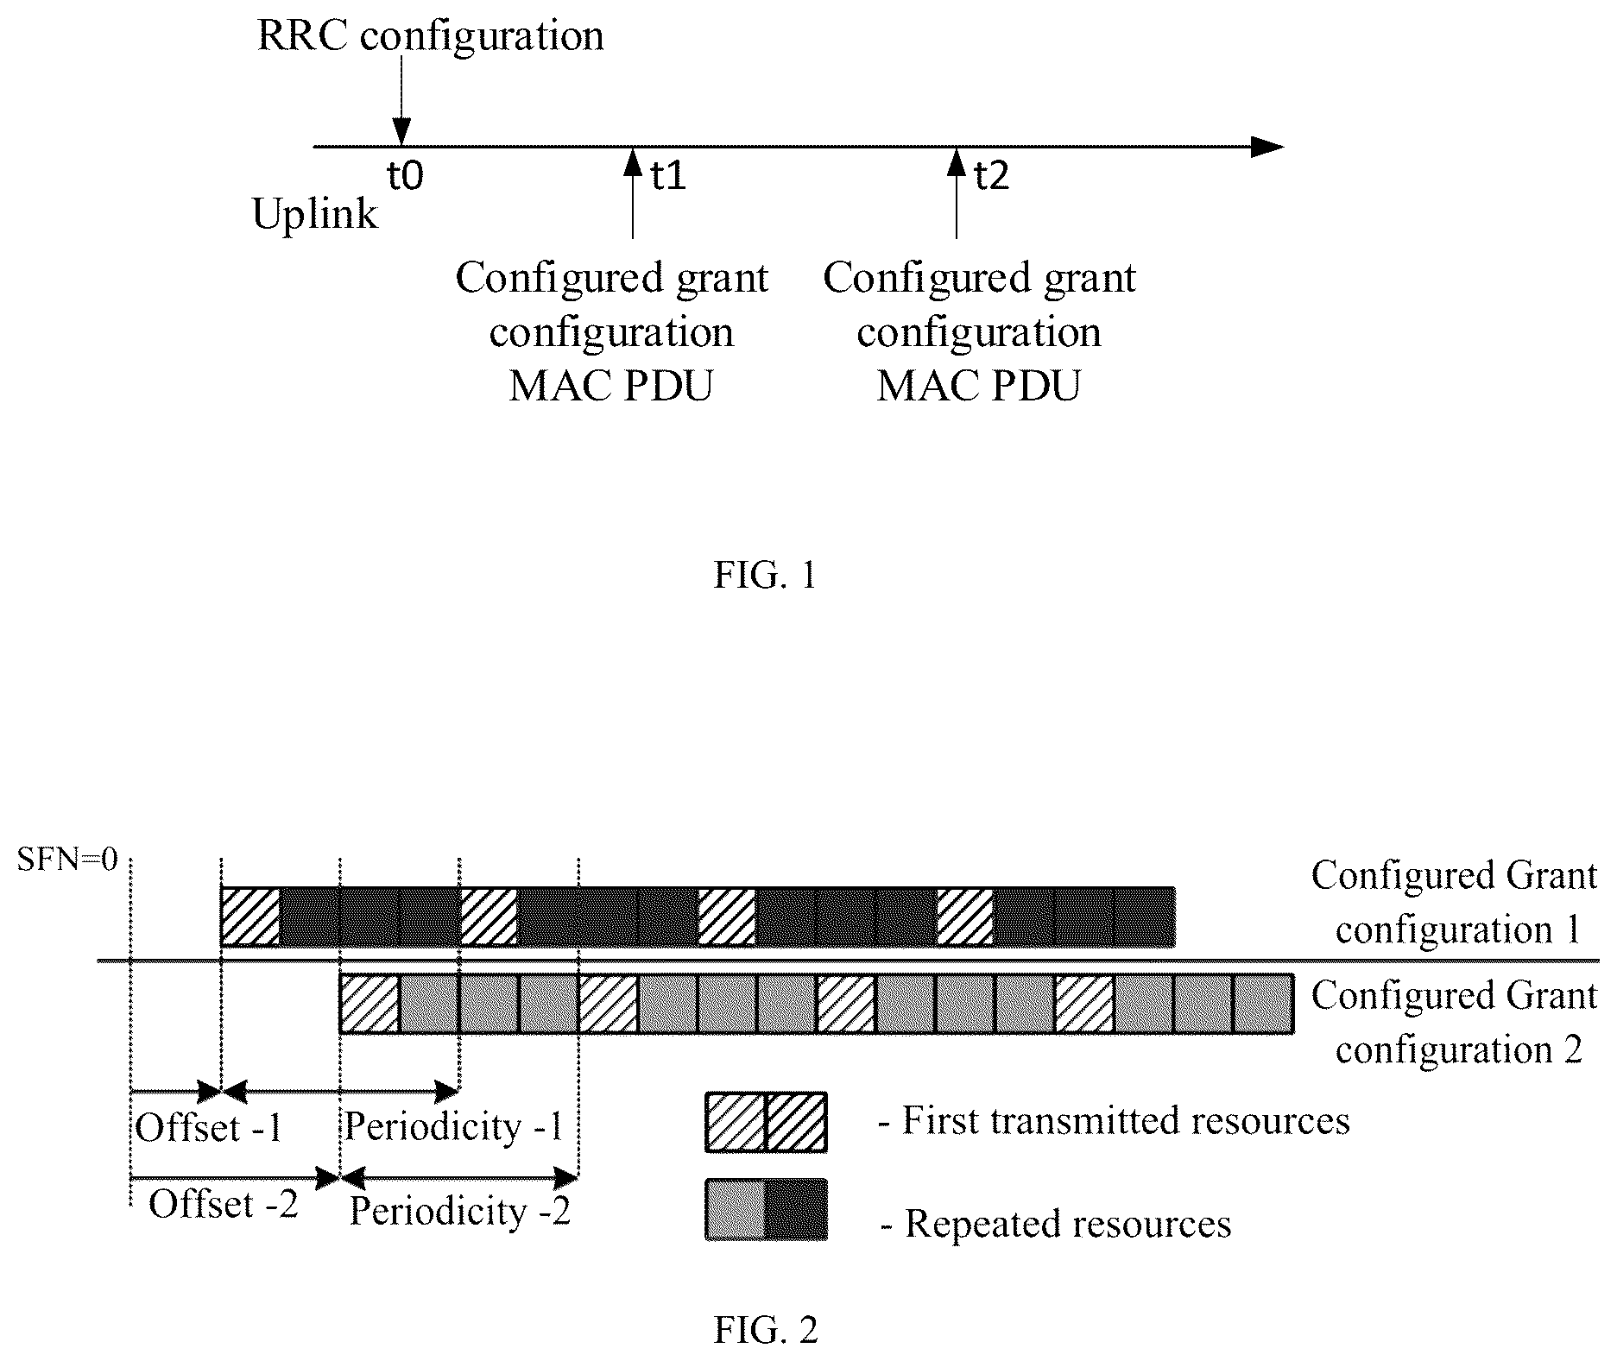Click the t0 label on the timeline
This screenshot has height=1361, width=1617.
(x=405, y=176)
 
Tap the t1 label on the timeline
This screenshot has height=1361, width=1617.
(x=667, y=176)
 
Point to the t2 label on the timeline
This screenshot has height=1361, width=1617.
(x=991, y=176)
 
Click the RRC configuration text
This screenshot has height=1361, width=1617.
(x=431, y=37)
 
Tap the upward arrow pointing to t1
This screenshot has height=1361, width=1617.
(x=633, y=192)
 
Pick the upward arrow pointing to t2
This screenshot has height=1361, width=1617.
(x=956, y=192)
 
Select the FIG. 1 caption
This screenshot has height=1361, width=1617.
(x=765, y=575)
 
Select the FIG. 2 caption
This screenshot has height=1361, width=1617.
(x=766, y=1330)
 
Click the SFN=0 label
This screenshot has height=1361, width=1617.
(x=67, y=860)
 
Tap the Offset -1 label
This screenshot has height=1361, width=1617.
(x=209, y=1127)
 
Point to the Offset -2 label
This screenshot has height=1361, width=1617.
(x=224, y=1203)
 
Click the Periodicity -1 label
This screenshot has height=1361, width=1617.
(x=454, y=1127)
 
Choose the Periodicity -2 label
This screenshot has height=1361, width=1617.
(x=460, y=1212)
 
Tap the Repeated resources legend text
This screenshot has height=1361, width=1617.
(x=1056, y=1224)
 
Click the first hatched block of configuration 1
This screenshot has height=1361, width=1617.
(x=250, y=917)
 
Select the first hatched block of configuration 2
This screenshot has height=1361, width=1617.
(x=370, y=1004)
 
